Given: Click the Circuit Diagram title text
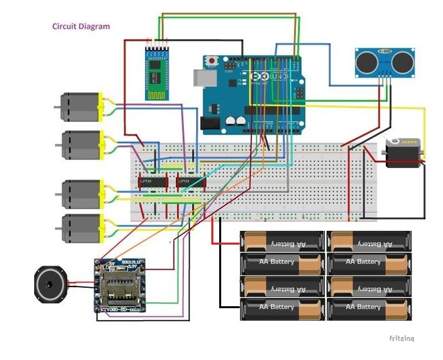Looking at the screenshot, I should pyautogui.click(x=81, y=27).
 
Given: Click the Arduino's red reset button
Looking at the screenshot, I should pyautogui.click(x=211, y=61).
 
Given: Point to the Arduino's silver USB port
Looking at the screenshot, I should pyautogui.click(x=200, y=77).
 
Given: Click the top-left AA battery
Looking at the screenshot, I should pyautogui.click(x=283, y=242).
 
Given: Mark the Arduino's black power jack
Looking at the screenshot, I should pyautogui.click(x=209, y=123).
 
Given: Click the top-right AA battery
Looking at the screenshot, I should pyautogui.click(x=369, y=242).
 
